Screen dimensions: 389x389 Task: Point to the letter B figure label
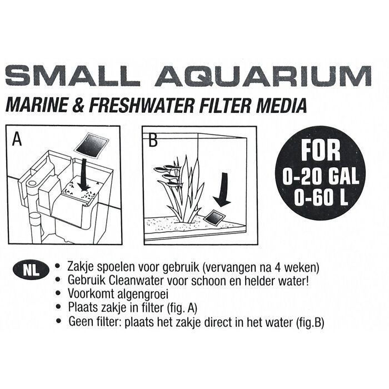click(x=152, y=138)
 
